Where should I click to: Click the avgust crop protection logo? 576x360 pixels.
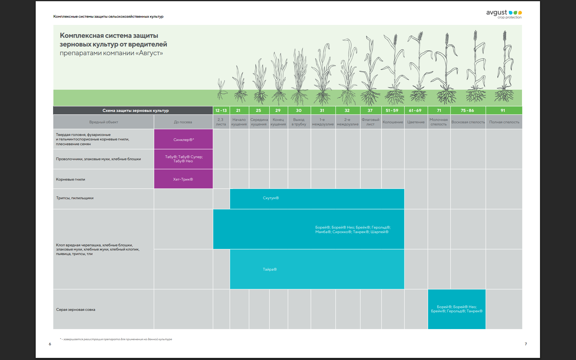click(504, 14)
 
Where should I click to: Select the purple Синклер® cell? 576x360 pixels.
click(183, 139)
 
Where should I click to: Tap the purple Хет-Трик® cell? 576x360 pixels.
click(183, 179)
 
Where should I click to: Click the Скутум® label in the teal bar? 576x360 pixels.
click(271, 198)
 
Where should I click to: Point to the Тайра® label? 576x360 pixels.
click(270, 269)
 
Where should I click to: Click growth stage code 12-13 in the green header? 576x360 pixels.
click(221, 110)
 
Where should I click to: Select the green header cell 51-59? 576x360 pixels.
click(392, 110)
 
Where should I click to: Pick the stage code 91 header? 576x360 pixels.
click(503, 110)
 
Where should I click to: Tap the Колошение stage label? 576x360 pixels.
click(393, 122)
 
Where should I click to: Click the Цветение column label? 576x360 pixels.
click(416, 122)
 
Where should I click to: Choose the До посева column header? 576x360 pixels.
click(183, 122)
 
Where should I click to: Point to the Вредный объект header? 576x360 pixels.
click(103, 122)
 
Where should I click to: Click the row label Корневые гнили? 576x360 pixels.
click(70, 179)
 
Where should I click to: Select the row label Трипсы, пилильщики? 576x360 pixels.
click(75, 198)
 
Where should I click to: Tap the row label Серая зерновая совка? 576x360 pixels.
click(76, 310)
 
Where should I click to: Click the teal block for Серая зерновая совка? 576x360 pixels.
click(457, 309)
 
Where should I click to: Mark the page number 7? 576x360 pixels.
click(526, 344)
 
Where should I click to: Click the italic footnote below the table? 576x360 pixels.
click(116, 339)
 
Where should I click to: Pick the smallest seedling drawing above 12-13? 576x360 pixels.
click(221, 89)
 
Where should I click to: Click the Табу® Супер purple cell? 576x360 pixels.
click(183, 159)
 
